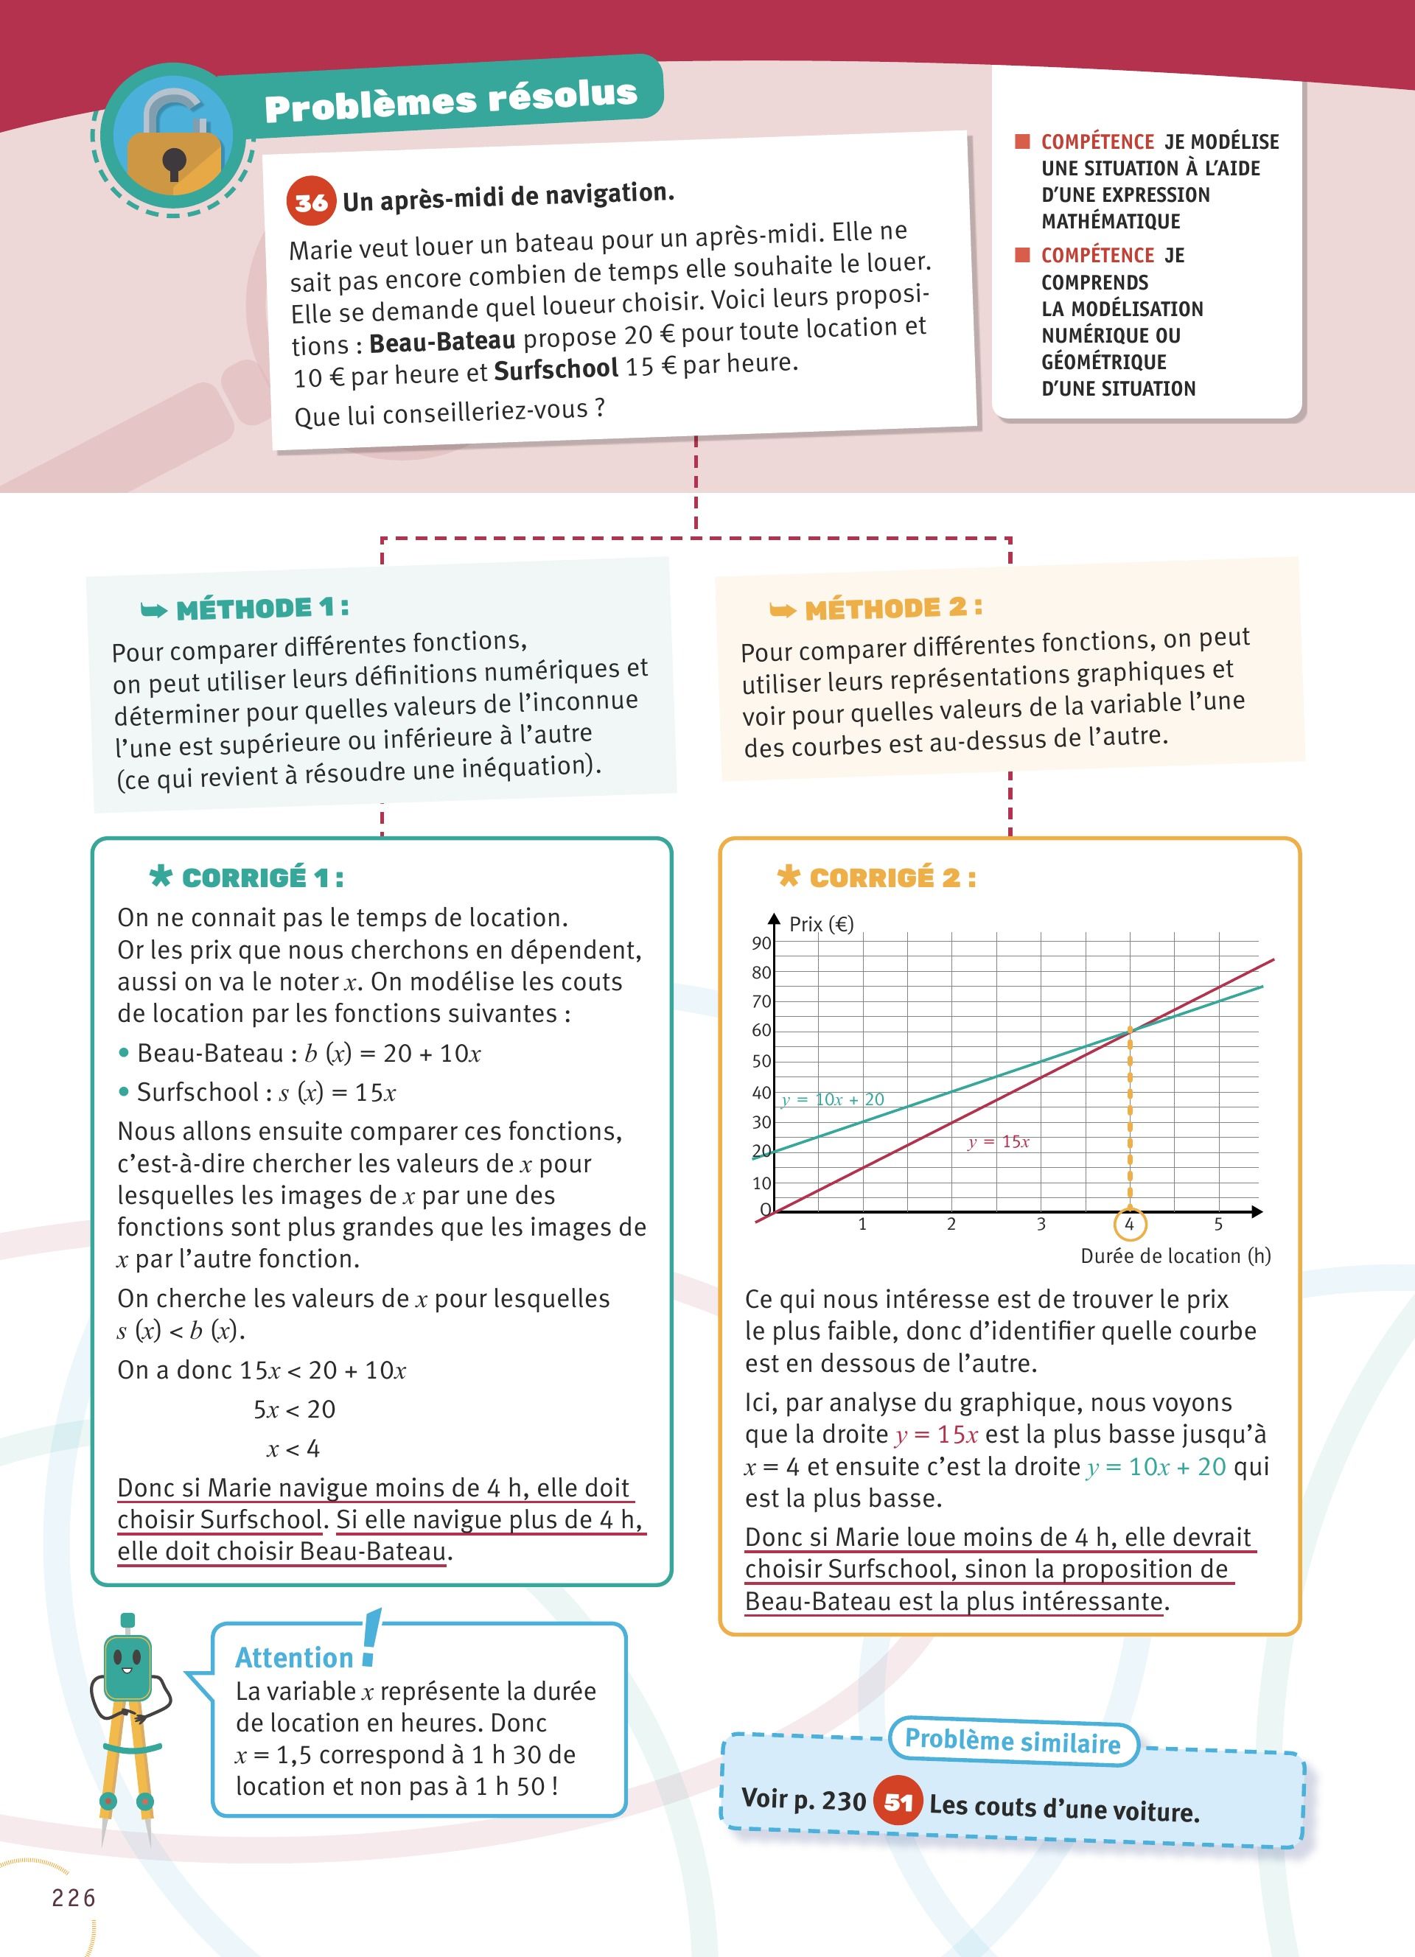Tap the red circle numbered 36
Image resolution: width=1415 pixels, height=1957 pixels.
click(310, 202)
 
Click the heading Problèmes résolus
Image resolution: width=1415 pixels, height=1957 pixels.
click(450, 100)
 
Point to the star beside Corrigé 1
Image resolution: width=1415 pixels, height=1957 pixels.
click(161, 877)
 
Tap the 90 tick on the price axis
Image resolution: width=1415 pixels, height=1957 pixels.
click(761, 943)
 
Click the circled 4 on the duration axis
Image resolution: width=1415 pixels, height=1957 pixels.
click(1128, 1224)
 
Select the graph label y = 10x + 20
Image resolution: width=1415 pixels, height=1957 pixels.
click(833, 1099)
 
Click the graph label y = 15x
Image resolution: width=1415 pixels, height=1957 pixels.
click(999, 1141)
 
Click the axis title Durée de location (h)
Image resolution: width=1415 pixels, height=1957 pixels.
click(1175, 1256)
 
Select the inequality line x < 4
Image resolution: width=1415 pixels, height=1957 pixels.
click(293, 1449)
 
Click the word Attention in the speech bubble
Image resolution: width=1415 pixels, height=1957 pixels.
click(294, 1658)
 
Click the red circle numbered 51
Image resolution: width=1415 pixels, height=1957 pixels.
click(898, 1802)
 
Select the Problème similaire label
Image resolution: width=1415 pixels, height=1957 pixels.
click(1013, 1740)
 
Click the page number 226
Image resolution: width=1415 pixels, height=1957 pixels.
click(74, 1897)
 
